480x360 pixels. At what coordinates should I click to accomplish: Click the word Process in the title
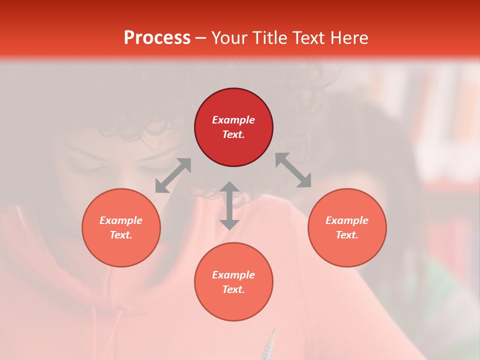click(157, 38)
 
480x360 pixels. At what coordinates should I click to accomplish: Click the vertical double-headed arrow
click(229, 205)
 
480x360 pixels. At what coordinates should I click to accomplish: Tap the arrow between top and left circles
click(173, 175)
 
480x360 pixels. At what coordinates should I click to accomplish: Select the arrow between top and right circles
click(293, 170)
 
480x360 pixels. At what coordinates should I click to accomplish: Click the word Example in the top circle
click(233, 120)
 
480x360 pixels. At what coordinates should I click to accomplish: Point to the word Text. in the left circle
click(121, 235)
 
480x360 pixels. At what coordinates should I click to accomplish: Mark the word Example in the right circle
click(347, 220)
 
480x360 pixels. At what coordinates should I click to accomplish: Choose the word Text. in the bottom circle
click(233, 289)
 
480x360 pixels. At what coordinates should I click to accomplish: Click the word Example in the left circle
click(121, 220)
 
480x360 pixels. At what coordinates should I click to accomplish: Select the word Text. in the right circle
click(347, 235)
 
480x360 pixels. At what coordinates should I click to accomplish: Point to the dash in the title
click(201, 38)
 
